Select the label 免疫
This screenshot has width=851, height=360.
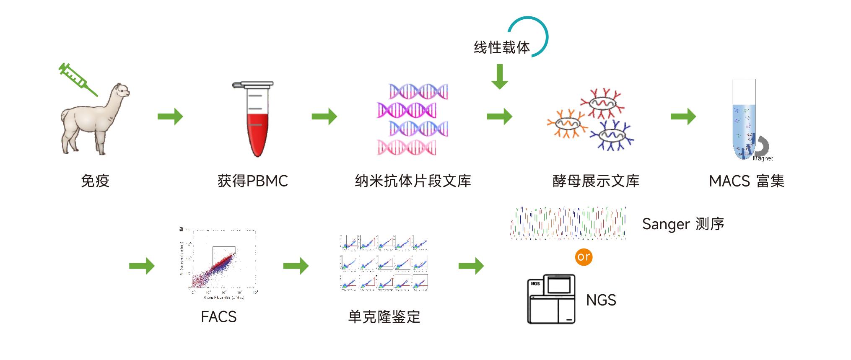coord(95,181)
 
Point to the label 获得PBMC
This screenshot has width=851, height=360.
coord(252,181)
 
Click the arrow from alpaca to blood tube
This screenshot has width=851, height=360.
coord(170,117)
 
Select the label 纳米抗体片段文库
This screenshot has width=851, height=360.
coord(413,181)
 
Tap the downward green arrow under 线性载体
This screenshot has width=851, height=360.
coord(500,77)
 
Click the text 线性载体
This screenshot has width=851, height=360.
coord(502,47)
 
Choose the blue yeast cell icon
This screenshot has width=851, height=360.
coord(612,135)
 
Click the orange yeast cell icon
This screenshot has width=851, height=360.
coord(567,124)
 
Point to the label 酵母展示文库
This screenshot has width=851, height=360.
coord(596,181)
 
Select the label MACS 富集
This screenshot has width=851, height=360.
coord(746,181)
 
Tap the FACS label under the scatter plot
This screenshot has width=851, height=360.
coord(218,317)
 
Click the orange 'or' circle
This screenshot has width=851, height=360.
coord(584,256)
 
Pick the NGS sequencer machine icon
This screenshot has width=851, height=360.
coord(551,299)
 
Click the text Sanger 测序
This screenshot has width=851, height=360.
coord(683,224)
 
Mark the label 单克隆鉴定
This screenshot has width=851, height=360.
coord(384,317)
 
